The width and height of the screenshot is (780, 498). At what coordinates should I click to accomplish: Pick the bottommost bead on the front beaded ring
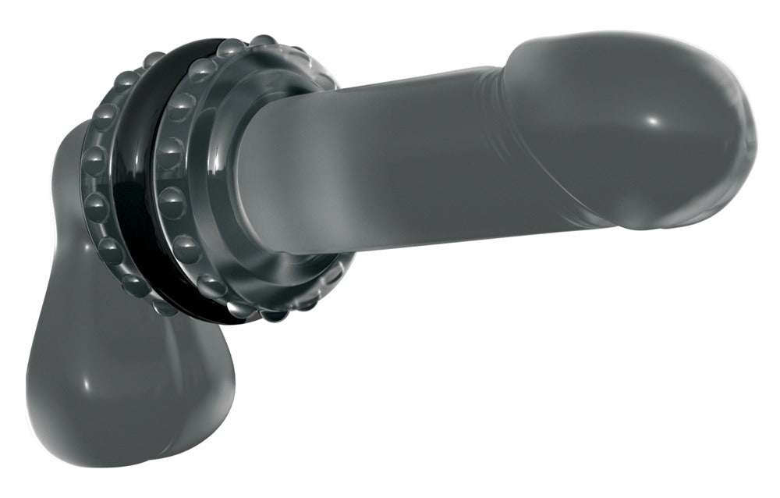(273, 315)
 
